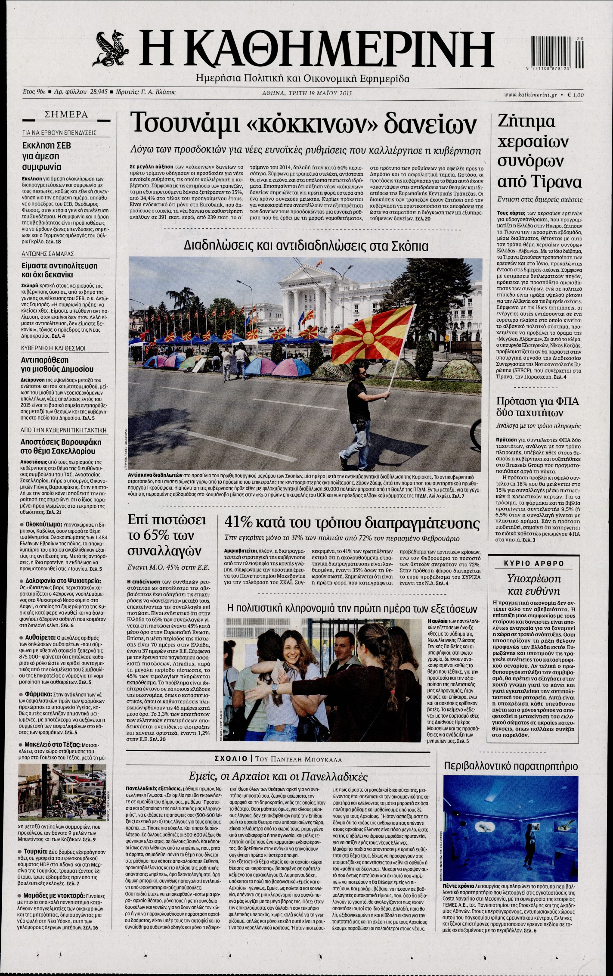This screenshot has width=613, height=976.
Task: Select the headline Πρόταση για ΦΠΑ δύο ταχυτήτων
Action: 538,407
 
